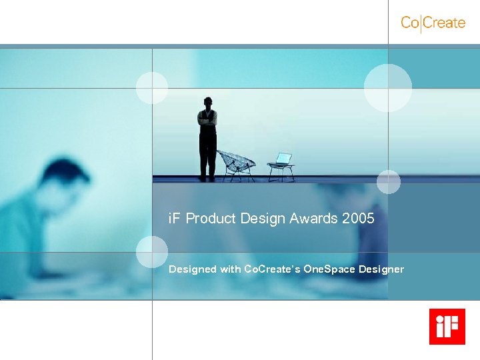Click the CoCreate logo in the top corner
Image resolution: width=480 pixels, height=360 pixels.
click(433, 23)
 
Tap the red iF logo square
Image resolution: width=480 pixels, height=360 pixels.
click(447, 327)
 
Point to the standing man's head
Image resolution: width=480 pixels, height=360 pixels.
click(208, 103)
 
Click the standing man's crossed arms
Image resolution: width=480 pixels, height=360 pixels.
click(207, 120)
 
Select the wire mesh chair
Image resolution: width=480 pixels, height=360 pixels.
click(236, 164)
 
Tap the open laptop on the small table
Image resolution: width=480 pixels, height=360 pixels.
click(283, 159)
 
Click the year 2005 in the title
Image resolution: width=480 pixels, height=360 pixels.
click(358, 219)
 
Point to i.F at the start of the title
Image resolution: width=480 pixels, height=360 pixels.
click(175, 219)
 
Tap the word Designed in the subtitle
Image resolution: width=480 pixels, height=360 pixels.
click(193, 269)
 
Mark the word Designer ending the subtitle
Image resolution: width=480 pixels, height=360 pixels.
click(381, 269)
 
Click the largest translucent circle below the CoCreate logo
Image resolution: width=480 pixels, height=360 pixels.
click(388, 88)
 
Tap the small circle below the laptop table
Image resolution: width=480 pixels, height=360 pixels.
click(389, 181)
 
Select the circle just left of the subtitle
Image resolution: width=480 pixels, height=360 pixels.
click(152, 252)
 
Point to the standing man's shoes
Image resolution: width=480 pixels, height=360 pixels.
click(207, 178)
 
